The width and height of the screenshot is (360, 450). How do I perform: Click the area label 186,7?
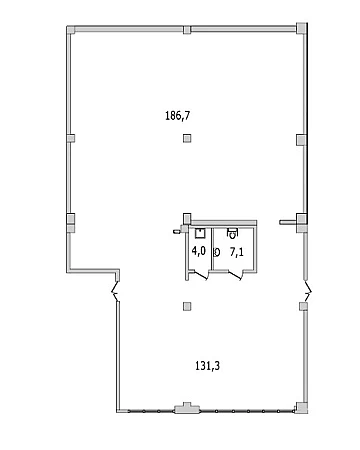tap(178, 116)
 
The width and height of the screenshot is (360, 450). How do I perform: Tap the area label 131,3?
tap(207, 366)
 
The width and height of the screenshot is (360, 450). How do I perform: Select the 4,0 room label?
tap(199, 251)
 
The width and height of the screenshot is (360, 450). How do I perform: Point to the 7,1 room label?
tap(236, 252)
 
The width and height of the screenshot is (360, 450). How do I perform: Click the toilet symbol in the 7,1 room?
tap(232, 233)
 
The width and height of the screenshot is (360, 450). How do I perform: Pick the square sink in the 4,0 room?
tap(200, 233)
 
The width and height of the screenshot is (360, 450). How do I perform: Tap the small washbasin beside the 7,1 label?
tap(217, 253)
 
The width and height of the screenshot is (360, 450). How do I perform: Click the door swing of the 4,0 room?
tap(201, 276)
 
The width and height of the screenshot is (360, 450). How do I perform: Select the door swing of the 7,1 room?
tap(235, 275)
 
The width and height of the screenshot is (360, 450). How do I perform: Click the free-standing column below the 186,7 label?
tap(188, 138)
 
